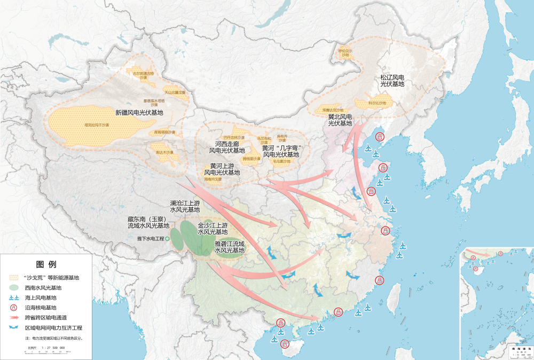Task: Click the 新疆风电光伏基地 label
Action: pyautogui.click(x=139, y=113)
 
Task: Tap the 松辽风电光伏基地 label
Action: pyautogui.click(x=392, y=81)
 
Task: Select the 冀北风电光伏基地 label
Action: pyautogui.click(x=340, y=120)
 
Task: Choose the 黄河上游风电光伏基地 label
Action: pyautogui.click(x=222, y=169)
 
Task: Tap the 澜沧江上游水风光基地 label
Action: pyautogui.click(x=185, y=206)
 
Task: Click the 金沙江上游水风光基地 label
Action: pyautogui.click(x=213, y=229)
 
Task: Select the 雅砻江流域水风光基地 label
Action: pyautogui.click(x=229, y=247)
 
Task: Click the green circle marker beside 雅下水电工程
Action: pyautogui.click(x=167, y=239)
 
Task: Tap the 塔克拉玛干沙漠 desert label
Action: pyautogui.click(x=96, y=125)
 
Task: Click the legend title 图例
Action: pyautogui.click(x=46, y=264)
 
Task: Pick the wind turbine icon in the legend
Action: pyautogui.click(x=14, y=298)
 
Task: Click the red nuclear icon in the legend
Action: pyautogui.click(x=14, y=307)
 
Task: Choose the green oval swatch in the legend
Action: pyautogui.click(x=14, y=287)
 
